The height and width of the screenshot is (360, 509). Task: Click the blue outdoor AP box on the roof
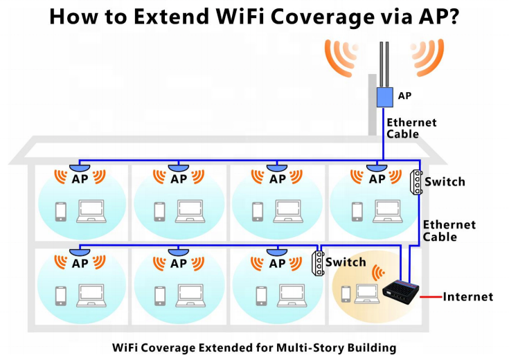[x=384, y=96]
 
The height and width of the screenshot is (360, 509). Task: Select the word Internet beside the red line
[x=468, y=297]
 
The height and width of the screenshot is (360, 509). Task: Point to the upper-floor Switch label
[x=445, y=182]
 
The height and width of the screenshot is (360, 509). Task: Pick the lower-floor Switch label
[x=345, y=262]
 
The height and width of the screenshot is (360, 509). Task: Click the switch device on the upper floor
[x=417, y=183]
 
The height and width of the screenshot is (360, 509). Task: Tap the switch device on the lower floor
[x=318, y=263]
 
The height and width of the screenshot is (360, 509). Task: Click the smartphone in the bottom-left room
[x=61, y=294]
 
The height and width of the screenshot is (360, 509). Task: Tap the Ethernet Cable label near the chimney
[x=411, y=128]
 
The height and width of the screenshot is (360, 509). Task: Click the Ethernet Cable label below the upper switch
[x=449, y=231]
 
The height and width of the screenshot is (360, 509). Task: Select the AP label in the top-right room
[x=377, y=179]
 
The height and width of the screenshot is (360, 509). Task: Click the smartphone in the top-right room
[x=357, y=210]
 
